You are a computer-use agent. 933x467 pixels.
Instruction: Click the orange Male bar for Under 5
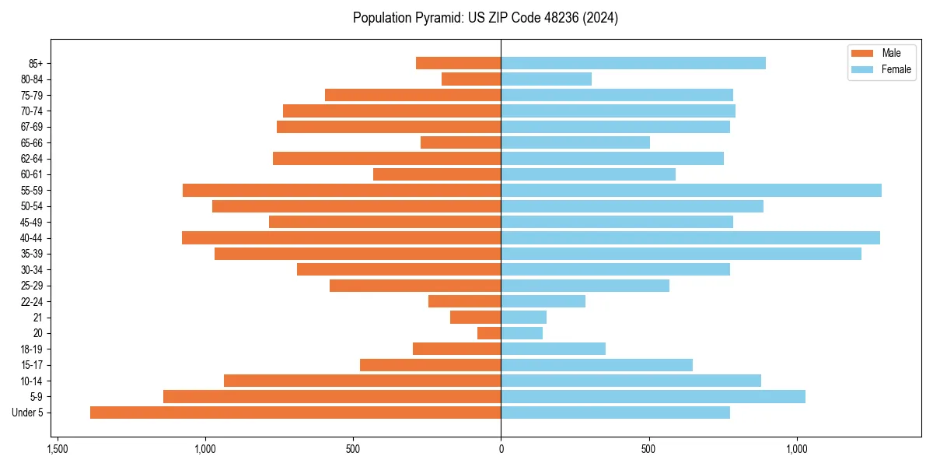(x=295, y=413)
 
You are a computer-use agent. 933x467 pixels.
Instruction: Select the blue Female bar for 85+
(x=633, y=63)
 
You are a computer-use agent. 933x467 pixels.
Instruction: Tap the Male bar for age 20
(x=489, y=333)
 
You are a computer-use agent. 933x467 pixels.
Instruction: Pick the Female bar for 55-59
(x=691, y=190)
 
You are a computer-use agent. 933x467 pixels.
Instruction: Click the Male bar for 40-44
(x=341, y=237)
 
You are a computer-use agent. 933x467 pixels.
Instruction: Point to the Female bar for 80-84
(x=546, y=79)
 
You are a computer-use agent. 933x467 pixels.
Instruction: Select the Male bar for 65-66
(x=460, y=142)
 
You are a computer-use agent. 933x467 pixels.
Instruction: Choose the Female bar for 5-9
(x=653, y=397)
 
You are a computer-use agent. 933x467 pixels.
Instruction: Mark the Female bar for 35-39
(x=681, y=254)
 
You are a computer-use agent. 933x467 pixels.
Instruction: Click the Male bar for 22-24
(x=464, y=301)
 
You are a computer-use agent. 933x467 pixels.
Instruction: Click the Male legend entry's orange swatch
(x=863, y=53)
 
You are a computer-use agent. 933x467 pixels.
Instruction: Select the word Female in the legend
(x=896, y=69)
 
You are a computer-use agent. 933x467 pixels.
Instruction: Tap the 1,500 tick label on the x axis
(x=57, y=450)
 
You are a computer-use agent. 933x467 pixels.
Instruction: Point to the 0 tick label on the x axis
(x=501, y=450)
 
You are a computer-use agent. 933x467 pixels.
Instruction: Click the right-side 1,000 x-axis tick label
(x=797, y=450)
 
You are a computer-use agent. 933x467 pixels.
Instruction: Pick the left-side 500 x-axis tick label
(x=353, y=450)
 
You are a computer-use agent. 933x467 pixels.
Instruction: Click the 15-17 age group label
(x=32, y=365)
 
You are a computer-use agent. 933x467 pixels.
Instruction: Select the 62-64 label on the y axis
(x=32, y=159)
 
